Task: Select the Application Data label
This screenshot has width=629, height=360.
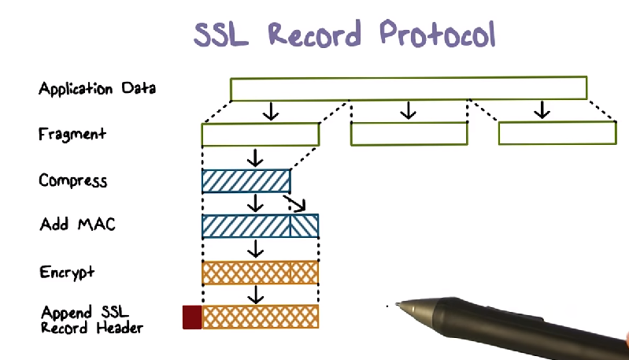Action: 97,88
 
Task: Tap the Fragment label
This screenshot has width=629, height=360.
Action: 72,134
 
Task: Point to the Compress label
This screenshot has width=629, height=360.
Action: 72,181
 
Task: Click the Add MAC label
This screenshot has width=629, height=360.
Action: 77,225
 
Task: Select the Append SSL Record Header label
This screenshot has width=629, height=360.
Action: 91,318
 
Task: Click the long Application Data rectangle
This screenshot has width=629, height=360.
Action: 409,88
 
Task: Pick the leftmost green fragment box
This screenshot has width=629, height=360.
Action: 261,135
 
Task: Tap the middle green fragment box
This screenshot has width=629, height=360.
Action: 409,134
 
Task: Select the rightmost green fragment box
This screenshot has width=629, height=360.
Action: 557,134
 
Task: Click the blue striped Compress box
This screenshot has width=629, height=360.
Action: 246,181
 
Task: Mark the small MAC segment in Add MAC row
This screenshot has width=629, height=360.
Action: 305,226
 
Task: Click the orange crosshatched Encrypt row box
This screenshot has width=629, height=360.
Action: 261,273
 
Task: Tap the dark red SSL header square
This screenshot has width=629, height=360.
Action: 192,317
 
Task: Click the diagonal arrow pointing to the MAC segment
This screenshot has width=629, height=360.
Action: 295,205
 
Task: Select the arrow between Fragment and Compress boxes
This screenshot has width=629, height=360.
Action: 254,158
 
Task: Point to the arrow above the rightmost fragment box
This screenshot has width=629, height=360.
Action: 541,110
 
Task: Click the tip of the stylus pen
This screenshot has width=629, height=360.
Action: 398,304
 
